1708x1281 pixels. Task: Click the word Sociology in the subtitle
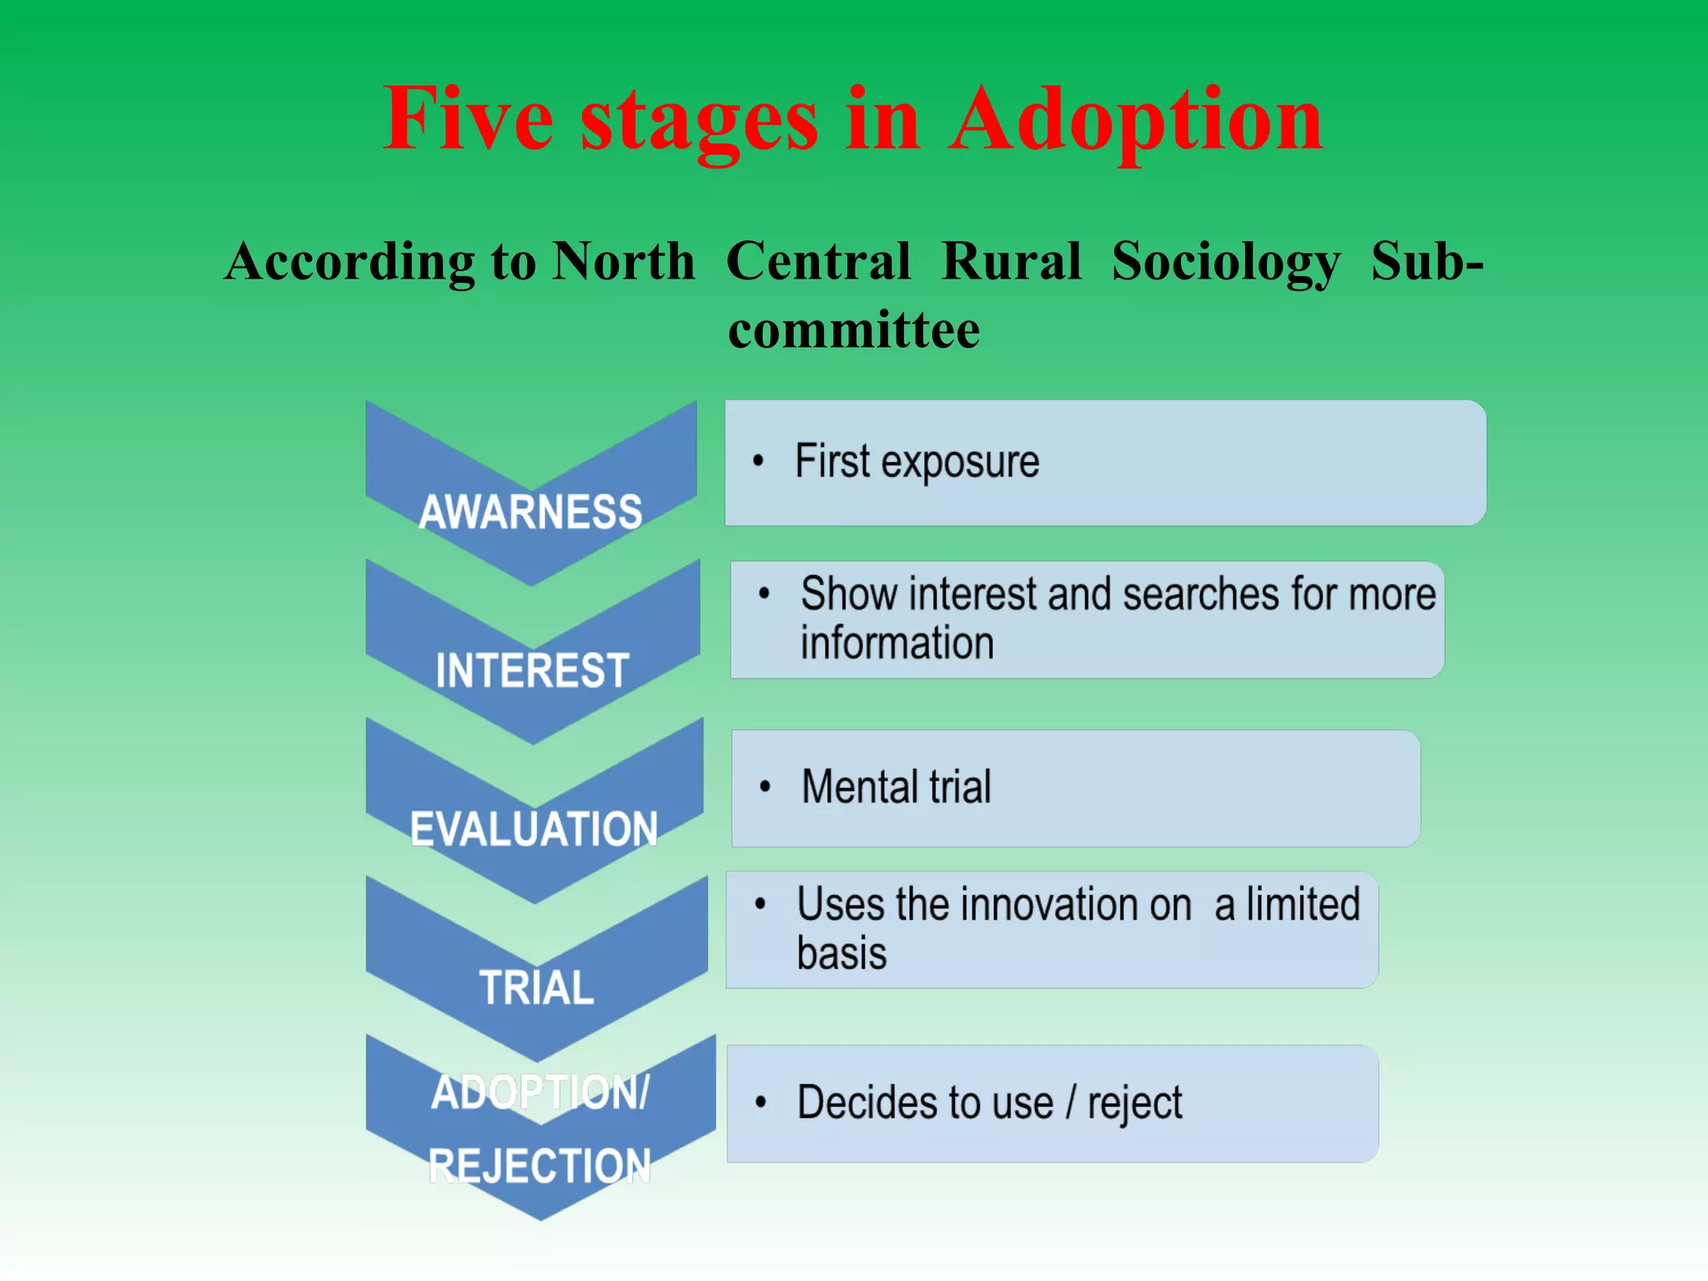click(1226, 262)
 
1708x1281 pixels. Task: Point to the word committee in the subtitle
click(854, 329)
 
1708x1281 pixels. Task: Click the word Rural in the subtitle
click(1011, 262)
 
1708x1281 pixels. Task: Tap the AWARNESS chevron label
click(530, 511)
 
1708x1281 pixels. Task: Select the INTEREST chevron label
click(532, 671)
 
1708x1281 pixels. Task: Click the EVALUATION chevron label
click(534, 829)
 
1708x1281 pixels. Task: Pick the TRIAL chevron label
click(536, 987)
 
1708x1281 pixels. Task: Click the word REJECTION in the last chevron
click(539, 1165)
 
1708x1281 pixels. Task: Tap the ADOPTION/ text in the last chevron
click(540, 1092)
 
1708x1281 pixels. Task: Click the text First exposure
click(917, 462)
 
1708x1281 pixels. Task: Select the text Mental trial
click(896, 786)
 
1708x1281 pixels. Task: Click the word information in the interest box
click(897, 643)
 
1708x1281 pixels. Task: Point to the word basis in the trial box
click(841, 953)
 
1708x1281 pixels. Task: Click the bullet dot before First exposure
click(758, 460)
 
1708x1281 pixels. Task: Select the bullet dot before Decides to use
click(761, 1103)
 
